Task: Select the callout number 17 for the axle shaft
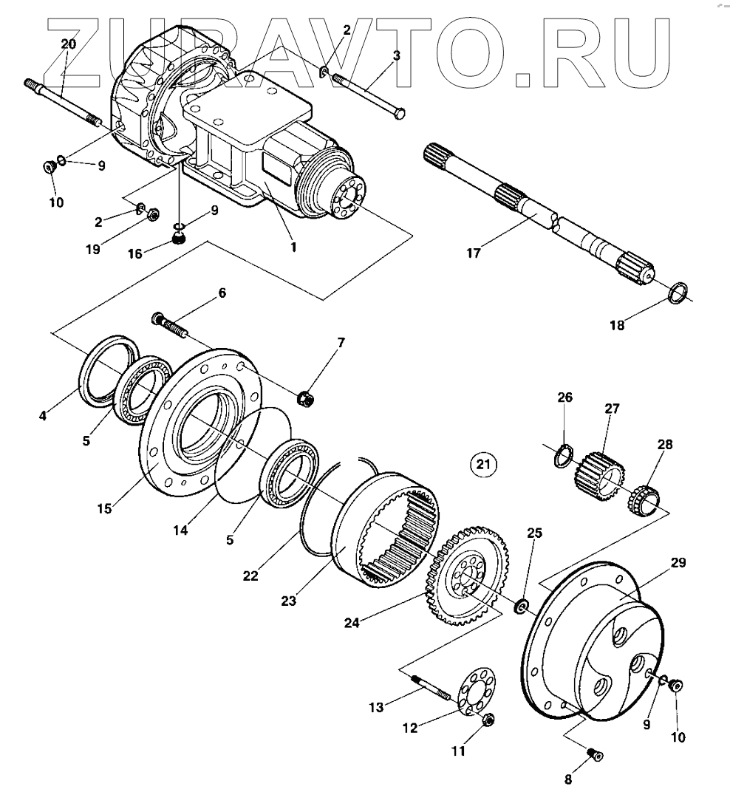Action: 473,253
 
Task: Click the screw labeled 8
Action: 595,754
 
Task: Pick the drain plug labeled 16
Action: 178,238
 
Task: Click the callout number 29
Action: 678,563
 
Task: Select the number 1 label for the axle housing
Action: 293,247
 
